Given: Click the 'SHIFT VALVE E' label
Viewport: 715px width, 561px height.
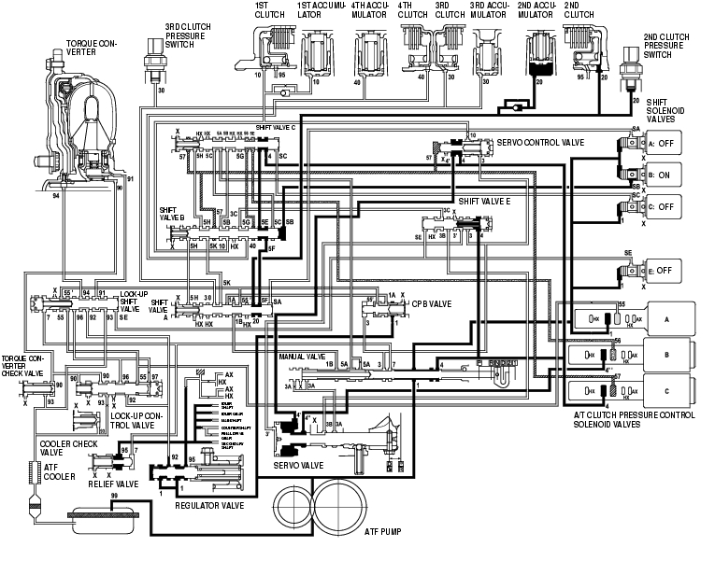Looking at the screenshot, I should [x=485, y=201].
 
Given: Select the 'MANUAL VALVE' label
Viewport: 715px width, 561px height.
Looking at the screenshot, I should [x=301, y=357].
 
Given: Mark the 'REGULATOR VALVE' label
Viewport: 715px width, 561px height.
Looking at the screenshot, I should [x=208, y=504].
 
